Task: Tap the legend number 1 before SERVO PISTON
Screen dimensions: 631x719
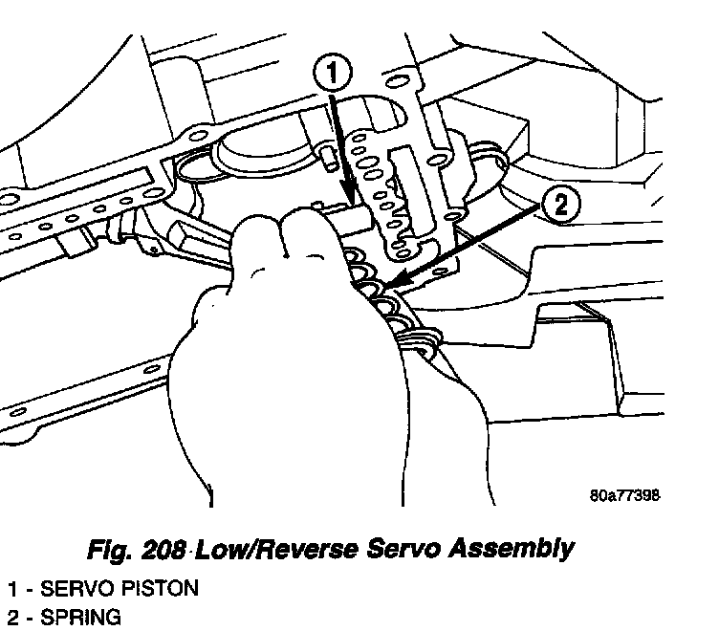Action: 12,588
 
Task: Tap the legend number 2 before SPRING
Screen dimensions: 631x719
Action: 12,618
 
